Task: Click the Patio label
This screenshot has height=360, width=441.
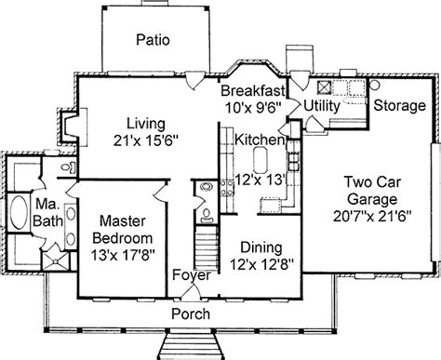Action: (153, 40)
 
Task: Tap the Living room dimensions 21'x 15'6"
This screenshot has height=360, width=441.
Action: (146, 140)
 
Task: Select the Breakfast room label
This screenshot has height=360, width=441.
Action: (252, 91)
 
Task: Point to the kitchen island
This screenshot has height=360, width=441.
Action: (261, 160)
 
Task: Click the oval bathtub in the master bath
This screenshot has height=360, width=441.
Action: (19, 211)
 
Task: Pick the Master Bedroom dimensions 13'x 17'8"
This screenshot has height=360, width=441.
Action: (123, 255)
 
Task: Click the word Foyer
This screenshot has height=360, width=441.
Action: (192, 275)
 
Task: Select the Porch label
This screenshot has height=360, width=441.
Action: (191, 313)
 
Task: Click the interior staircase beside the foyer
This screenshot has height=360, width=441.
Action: (207, 247)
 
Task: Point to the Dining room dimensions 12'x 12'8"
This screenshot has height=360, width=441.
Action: (261, 264)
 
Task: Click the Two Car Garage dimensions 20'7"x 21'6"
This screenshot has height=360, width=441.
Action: (372, 216)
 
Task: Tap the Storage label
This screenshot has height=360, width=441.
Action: (399, 105)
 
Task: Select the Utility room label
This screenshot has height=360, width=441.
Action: (322, 106)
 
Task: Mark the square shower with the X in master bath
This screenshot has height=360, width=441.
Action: (56, 261)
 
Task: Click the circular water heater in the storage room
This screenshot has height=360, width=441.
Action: (375, 85)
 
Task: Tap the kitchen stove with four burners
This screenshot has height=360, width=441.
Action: (227, 188)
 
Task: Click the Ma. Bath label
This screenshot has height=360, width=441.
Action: (47, 212)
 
